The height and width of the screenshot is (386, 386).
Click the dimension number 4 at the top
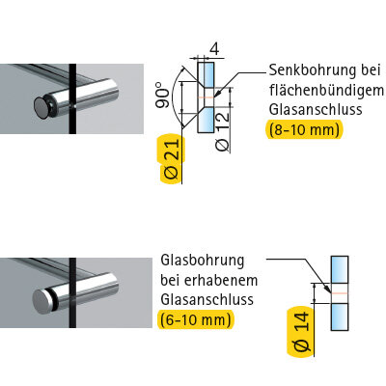click(x=214, y=49)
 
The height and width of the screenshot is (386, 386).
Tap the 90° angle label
click(x=163, y=96)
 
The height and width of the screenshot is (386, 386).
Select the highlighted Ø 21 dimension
click(x=172, y=158)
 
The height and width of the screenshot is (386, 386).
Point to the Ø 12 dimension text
click(x=223, y=132)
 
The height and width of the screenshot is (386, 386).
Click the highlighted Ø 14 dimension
click(x=302, y=332)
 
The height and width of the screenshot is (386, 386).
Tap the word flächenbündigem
click(x=326, y=91)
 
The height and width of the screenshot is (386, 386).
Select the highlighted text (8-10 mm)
click(x=304, y=130)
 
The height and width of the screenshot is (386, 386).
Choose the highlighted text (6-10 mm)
click(x=196, y=319)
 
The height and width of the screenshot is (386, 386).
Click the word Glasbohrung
click(x=203, y=261)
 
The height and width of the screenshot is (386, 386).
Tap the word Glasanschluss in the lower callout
click(x=207, y=299)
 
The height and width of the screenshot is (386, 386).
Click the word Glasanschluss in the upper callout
click(x=316, y=109)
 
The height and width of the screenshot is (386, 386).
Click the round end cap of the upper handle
click(x=42, y=108)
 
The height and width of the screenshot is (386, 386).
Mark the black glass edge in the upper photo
click(x=72, y=98)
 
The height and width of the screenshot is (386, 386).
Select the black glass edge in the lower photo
click(x=72, y=292)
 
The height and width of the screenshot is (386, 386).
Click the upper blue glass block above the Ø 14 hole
click(x=340, y=270)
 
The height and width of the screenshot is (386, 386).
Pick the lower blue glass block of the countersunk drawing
click(x=206, y=120)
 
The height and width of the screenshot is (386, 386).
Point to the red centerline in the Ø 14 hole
click(x=340, y=293)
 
